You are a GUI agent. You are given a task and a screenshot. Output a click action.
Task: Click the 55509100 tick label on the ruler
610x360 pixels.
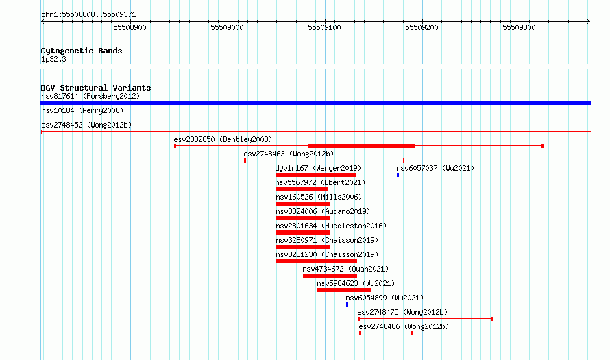pyautogui.click(x=324, y=27)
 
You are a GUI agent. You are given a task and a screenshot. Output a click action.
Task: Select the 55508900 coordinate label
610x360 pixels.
pyautogui.click(x=130, y=27)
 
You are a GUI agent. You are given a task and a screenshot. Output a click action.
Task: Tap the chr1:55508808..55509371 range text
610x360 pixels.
pyautogui.click(x=88, y=15)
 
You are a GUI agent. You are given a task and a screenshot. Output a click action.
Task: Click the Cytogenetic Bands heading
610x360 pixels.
pyautogui.click(x=82, y=51)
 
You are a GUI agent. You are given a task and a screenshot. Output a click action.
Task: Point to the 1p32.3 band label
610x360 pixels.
pyautogui.click(x=53, y=59)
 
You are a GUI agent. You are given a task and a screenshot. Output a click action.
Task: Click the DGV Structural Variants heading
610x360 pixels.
pyautogui.click(x=96, y=88)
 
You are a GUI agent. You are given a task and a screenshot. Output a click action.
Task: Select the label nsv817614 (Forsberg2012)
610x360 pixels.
pyautogui.click(x=90, y=96)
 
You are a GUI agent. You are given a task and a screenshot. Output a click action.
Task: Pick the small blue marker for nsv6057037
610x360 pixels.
pyautogui.click(x=398, y=175)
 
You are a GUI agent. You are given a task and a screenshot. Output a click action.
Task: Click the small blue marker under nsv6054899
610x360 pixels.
pyautogui.click(x=347, y=304)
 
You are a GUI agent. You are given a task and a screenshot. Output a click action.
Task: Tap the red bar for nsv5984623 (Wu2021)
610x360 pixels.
pyautogui.click(x=344, y=290)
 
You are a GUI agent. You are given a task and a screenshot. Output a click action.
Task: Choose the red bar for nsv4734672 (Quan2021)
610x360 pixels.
pyautogui.click(x=330, y=276)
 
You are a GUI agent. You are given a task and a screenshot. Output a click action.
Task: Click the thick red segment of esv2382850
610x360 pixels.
pyautogui.click(x=362, y=146)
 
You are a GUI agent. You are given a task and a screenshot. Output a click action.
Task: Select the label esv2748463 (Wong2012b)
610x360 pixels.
pyautogui.click(x=289, y=154)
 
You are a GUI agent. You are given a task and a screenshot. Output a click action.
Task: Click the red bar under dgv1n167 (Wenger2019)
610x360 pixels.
pyautogui.click(x=315, y=175)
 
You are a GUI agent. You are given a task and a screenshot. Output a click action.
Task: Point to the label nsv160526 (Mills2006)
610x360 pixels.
pyautogui.click(x=319, y=197)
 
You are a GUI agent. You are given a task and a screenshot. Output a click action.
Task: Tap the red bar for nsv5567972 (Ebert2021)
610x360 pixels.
pyautogui.click(x=302, y=189)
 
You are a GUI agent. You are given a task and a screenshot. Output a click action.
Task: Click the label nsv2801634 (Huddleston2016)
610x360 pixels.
pyautogui.click(x=331, y=226)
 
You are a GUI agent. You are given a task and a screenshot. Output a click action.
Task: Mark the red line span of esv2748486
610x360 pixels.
pyautogui.click(x=386, y=333)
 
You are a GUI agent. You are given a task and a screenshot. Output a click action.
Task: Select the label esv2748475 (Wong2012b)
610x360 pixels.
pyautogui.click(x=402, y=312)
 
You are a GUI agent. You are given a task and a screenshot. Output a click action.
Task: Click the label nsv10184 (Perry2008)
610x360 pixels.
pyautogui.click(x=82, y=110)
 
